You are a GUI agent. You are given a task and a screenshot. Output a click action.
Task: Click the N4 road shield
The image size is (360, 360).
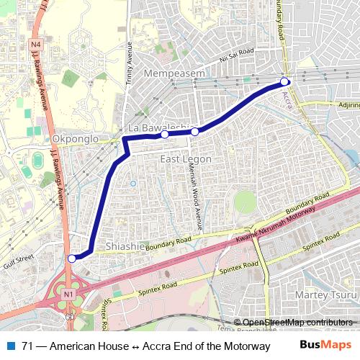click(36, 45)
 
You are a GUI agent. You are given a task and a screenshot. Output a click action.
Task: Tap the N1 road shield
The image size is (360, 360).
click(68, 294)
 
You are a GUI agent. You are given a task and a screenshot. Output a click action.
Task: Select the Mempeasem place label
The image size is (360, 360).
click(174, 73)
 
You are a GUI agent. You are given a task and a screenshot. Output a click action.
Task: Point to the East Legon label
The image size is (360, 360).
click(186, 158)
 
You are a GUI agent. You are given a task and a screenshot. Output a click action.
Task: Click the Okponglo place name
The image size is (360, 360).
click(71, 138)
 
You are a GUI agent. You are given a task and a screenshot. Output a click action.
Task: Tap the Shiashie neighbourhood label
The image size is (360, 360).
click(125, 246)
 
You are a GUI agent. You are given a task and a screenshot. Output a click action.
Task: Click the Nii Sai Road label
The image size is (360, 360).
click(238, 52)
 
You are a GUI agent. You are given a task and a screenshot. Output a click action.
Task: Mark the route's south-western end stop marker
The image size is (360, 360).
click(71, 258)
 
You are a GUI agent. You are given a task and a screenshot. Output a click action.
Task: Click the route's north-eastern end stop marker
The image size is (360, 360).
click(284, 81)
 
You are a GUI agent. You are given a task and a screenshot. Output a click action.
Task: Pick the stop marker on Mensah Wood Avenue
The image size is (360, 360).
click(194, 132)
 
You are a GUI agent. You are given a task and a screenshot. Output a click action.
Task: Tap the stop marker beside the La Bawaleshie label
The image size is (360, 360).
click(164, 134)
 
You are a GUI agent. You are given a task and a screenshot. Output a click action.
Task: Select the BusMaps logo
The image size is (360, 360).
click(325, 345)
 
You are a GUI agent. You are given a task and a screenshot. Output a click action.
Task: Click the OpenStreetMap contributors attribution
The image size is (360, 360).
click(297, 322)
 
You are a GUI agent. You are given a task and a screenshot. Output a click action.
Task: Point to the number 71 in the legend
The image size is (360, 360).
click(27, 346)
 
